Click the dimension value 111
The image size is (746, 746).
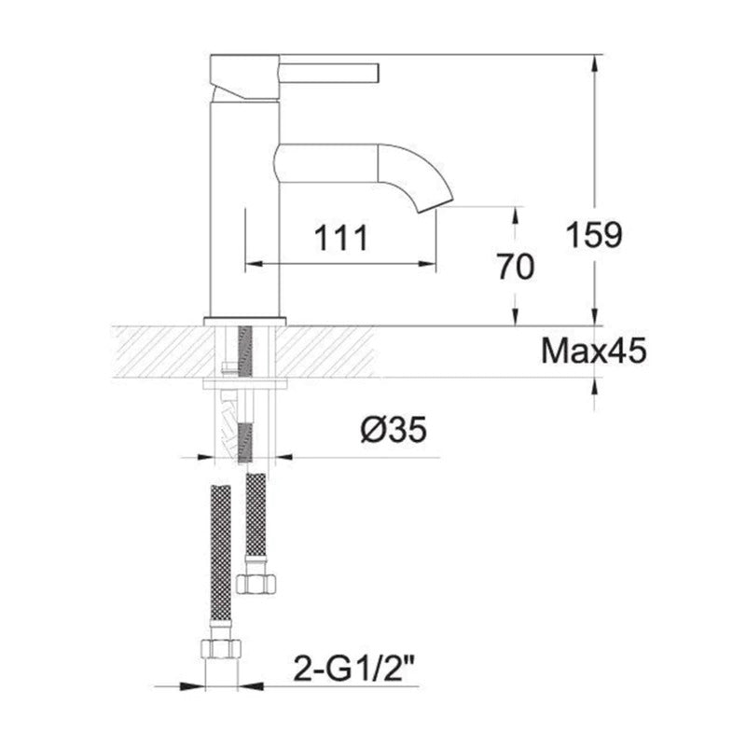tap(338, 238)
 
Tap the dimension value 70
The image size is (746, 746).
tap(515, 268)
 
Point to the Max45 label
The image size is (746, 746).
tap(593, 352)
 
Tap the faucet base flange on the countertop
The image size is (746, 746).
tap(243, 322)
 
